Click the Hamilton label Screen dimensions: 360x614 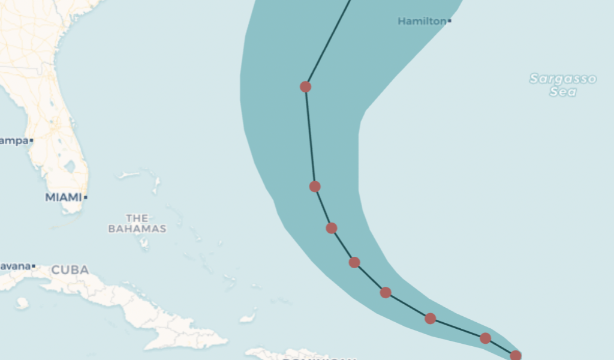coord(422,22)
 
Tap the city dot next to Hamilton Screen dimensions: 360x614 coord(450,22)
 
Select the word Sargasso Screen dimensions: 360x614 coord(563,79)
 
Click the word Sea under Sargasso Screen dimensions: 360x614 coord(564,92)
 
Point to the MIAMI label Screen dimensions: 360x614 coord(63,197)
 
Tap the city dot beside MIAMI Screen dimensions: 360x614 coord(86,197)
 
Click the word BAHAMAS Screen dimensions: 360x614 coord(137,229)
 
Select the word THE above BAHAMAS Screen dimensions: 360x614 coord(137,218)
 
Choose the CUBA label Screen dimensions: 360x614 coord(70,270)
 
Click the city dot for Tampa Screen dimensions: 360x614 coord(31,140)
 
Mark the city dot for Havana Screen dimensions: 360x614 coord(34,266)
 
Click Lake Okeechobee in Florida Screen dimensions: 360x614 coord(70,166)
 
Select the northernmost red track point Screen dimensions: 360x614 coord(305,86)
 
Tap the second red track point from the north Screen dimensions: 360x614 coord(315,187)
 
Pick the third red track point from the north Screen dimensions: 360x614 coord(332,228)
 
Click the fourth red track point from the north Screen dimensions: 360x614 coord(354,262)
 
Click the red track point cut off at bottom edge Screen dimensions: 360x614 coord(516,356)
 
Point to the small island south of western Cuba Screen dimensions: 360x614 coord(22,303)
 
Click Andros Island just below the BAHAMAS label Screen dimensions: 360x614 coord(144,243)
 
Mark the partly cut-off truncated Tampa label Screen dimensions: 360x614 coord(14,140)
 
